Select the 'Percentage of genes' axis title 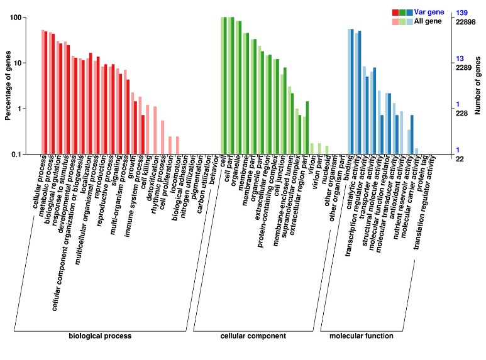[8, 85]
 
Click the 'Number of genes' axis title [478, 85]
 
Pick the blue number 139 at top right [462, 13]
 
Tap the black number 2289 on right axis [464, 67]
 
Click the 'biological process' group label [101, 336]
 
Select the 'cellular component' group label [252, 336]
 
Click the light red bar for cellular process [43, 92]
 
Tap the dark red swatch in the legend [395, 13]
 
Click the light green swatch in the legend [402, 21]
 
